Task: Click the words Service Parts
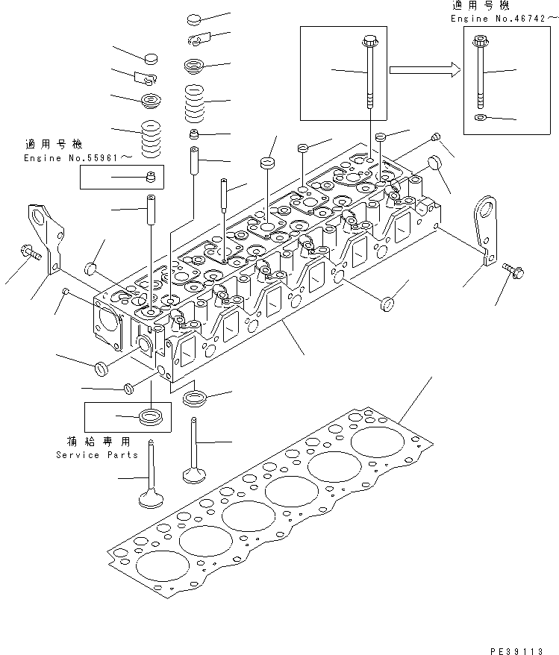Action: (x=97, y=454)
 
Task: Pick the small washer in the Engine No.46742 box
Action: (x=481, y=117)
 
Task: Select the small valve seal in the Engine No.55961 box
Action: (x=149, y=177)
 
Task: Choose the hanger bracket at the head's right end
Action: (x=487, y=228)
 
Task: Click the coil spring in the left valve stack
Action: (x=151, y=137)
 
